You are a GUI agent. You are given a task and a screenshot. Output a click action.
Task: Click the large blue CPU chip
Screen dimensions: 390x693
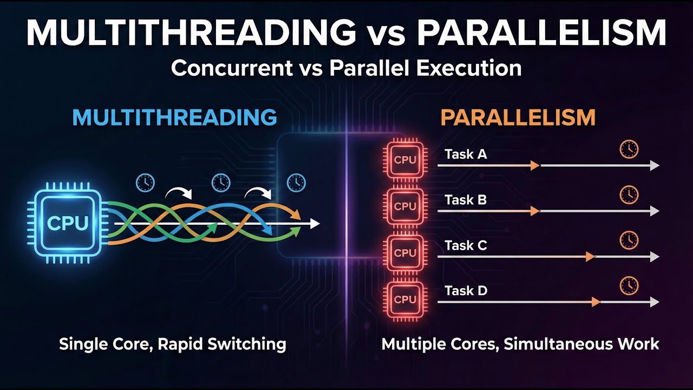[67, 223]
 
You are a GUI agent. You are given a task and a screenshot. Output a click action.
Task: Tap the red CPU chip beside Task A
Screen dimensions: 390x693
[405, 160]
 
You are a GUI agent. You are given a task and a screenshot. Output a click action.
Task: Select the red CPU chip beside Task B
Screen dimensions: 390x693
[405, 206]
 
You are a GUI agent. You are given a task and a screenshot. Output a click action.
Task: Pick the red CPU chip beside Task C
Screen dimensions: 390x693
[405, 253]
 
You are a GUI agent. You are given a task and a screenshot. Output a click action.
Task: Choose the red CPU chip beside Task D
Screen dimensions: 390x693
[405, 299]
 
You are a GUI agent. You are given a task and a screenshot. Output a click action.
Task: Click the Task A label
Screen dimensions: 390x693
[466, 154]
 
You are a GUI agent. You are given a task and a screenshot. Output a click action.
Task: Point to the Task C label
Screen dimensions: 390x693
[466, 246]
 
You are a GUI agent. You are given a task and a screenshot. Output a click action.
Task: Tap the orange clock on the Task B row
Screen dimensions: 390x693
[629, 194]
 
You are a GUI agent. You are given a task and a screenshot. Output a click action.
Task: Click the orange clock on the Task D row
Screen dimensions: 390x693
[629, 285]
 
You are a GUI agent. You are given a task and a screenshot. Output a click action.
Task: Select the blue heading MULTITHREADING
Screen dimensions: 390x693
[174, 118]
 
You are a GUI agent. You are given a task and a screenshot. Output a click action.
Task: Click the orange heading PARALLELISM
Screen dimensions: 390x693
[518, 118]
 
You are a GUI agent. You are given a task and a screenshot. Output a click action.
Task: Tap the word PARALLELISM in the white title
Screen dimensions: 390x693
[541, 34]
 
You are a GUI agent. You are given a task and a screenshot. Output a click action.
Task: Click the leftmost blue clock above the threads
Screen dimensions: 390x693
[145, 182]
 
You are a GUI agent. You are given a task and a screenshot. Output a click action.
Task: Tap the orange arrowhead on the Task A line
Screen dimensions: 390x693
[535, 166]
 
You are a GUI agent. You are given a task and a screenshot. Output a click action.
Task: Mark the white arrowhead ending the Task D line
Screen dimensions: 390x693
[655, 302]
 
